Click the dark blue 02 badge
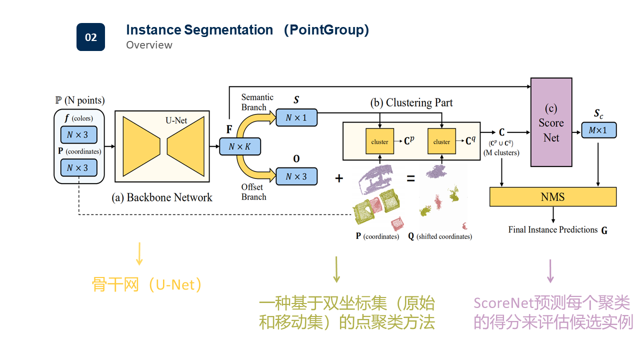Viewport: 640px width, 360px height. (90, 37)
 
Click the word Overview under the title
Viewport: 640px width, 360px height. (149, 45)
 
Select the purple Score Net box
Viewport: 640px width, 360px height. (551, 122)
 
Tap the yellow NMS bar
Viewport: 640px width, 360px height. (552, 196)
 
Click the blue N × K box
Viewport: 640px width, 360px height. (239, 146)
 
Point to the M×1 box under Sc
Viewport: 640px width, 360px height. (598, 130)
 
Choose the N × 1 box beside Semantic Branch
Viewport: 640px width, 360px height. (296, 117)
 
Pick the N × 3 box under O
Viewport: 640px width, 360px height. (296, 176)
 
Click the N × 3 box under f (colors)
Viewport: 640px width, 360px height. (78, 134)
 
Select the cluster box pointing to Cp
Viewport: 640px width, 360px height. (379, 141)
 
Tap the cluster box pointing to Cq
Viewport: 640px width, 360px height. (441, 141)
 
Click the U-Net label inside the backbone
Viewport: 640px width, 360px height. (176, 120)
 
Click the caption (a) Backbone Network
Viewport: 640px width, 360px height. (161, 197)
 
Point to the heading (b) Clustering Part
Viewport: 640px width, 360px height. (411, 102)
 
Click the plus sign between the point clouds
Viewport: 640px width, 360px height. (339, 177)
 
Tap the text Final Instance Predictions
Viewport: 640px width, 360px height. (553, 229)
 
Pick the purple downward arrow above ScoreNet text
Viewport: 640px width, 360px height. (550, 271)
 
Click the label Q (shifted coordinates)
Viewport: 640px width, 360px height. (440, 236)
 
